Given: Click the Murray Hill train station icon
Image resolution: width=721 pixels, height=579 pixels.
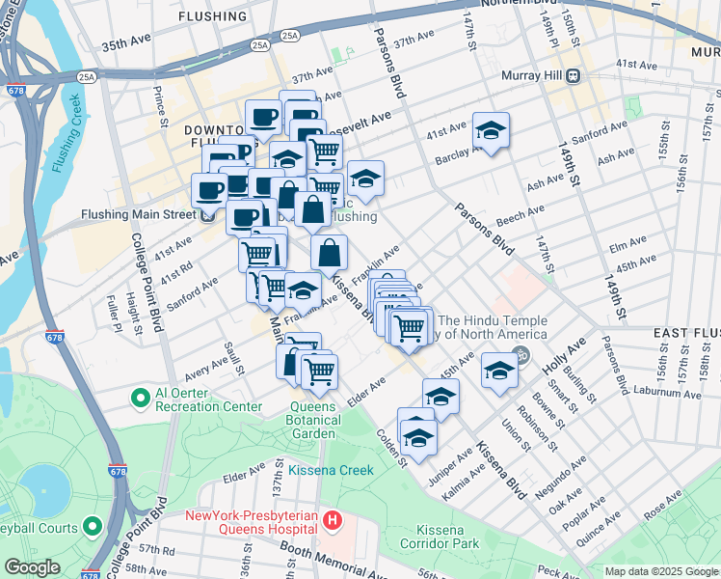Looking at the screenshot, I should [573, 75].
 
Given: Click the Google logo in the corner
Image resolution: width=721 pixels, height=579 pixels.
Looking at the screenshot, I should [32, 566].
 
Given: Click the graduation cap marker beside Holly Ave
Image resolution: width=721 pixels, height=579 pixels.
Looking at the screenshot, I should [498, 371].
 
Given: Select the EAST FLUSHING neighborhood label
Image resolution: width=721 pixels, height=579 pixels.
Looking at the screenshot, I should [685, 333].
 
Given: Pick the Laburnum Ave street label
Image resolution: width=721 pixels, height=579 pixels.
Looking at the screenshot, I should [664, 393].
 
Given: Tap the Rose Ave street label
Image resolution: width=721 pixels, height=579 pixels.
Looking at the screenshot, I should [663, 505].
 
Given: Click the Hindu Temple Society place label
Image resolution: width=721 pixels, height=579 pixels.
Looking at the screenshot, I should [493, 328].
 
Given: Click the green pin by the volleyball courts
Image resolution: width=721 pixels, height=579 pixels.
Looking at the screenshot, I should [93, 526].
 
